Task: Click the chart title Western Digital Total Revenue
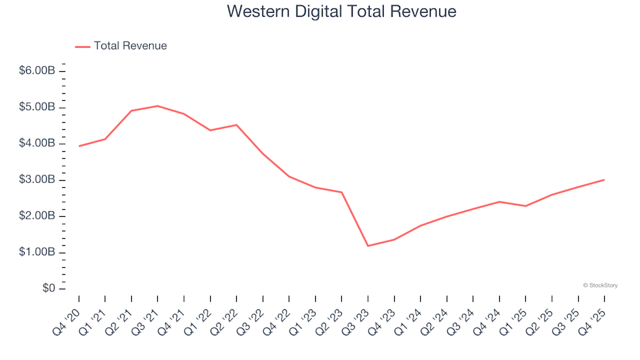(x=341, y=11)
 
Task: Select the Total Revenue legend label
(x=130, y=46)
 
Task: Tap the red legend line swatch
(x=83, y=46)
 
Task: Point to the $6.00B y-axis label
(x=37, y=71)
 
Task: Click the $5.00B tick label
(x=37, y=107)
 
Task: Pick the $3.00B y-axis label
(x=37, y=180)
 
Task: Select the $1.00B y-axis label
(x=37, y=253)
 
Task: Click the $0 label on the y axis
(x=49, y=289)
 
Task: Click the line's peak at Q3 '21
(x=157, y=106)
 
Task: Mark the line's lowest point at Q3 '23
(x=368, y=246)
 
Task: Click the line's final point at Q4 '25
(x=604, y=179)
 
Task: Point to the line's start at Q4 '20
(x=79, y=146)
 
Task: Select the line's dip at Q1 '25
(x=525, y=206)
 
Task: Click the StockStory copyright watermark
(x=600, y=285)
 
